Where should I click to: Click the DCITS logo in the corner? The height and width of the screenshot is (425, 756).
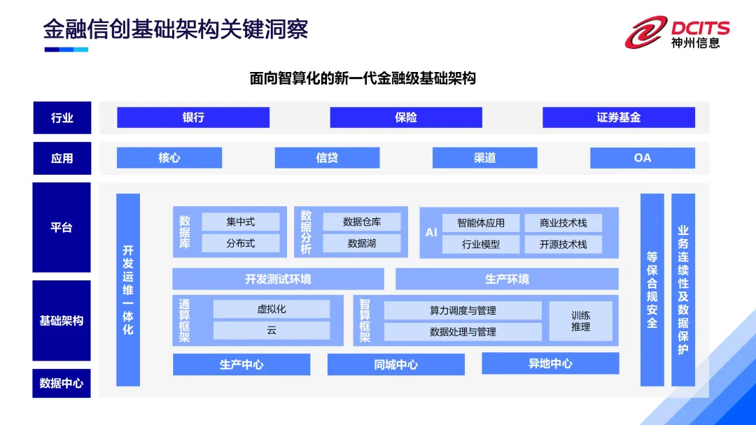coord(678,32)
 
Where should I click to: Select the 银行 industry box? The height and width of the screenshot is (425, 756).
coord(193,117)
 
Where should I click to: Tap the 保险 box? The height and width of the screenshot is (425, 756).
coord(406,117)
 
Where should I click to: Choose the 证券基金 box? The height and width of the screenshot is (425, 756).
coord(619,117)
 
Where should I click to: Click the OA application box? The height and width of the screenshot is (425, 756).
coord(643,158)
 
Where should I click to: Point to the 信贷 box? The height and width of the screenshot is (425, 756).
coord(327,158)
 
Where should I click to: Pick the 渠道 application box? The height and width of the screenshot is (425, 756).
coord(484,158)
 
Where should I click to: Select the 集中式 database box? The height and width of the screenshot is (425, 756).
coord(241,222)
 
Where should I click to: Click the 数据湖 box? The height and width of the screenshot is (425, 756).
coord(362,243)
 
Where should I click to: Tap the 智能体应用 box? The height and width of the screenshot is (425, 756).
coord(481,223)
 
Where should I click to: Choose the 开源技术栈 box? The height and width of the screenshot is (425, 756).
coord(563,245)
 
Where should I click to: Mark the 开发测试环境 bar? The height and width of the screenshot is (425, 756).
coord(278,279)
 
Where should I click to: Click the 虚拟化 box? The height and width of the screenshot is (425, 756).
coord(272,309)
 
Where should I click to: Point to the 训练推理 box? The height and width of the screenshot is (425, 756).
coord(580,321)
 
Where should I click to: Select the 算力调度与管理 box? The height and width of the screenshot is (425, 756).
coord(463,310)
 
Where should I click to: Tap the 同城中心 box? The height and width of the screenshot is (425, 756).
coord(396,364)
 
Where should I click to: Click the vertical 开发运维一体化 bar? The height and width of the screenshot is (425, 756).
coord(128,289)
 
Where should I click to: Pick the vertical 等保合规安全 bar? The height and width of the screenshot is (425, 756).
coord(652,289)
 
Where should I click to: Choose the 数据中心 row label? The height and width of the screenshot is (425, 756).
coord(62,383)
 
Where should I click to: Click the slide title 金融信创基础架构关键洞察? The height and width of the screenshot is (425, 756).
coord(176,30)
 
